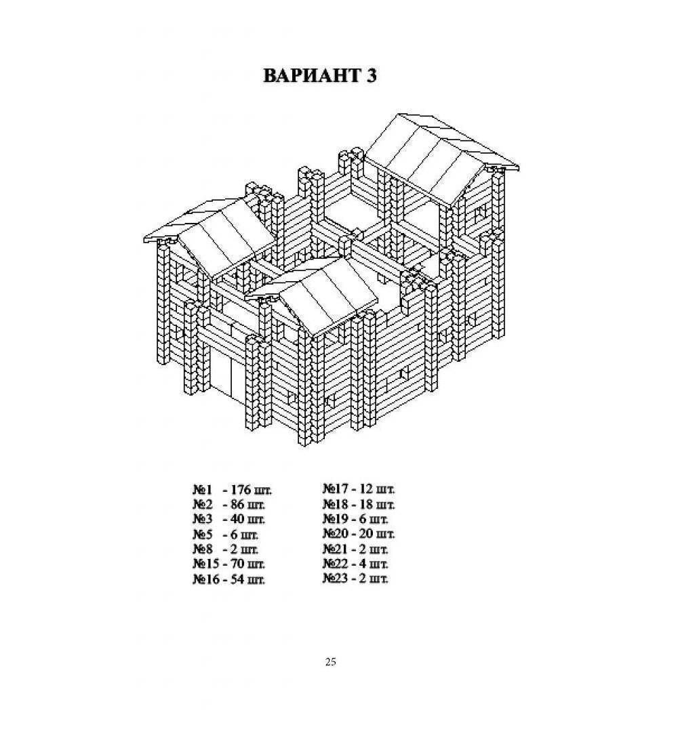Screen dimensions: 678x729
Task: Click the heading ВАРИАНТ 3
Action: click(x=320, y=76)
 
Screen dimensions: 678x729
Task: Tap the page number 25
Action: click(x=330, y=661)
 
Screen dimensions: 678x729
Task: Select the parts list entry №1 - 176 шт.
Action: click(x=232, y=490)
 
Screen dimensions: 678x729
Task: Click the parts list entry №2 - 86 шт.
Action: click(x=229, y=505)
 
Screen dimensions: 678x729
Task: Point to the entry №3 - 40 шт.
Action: click(x=229, y=519)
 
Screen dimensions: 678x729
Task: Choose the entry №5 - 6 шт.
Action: click(x=226, y=534)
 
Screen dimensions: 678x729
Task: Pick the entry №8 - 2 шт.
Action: click(x=226, y=549)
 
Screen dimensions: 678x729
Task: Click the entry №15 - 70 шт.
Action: click(x=229, y=564)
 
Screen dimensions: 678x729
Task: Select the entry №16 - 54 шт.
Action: click(x=229, y=579)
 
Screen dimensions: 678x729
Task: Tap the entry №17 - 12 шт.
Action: click(x=359, y=489)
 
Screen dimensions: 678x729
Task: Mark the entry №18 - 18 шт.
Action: click(x=359, y=504)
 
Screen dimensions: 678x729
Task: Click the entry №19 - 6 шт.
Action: click(x=355, y=519)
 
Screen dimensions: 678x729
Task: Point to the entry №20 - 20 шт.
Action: click(x=359, y=533)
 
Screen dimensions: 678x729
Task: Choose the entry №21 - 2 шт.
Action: click(x=355, y=549)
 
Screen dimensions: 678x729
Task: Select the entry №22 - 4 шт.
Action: click(x=355, y=564)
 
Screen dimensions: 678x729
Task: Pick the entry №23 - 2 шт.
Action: click(x=355, y=579)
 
